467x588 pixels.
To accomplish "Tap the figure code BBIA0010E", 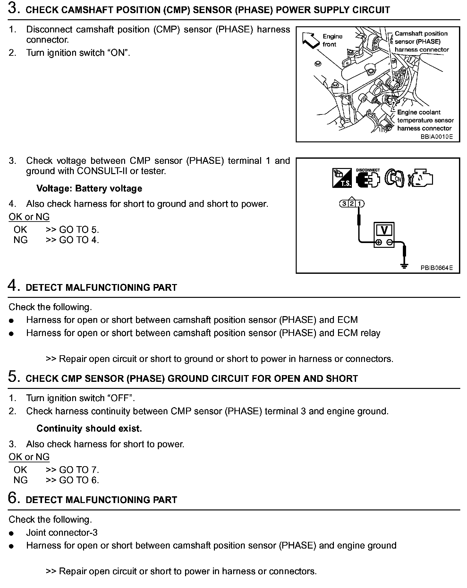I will [437, 137].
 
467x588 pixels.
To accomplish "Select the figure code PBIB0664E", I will [437, 268].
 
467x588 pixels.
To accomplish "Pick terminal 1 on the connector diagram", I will [360, 204].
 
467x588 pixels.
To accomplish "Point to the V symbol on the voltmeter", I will [384, 230].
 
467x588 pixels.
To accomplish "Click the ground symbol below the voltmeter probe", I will [404, 266].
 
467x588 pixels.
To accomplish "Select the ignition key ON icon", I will [395, 178].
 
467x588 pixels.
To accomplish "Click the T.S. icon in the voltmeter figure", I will [342, 178].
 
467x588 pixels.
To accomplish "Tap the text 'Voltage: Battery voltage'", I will [89, 189].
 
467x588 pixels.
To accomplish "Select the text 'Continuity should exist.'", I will [89, 429].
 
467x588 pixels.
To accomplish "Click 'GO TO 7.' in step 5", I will [79, 470].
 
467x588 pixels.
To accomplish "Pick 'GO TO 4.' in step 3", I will [79, 240].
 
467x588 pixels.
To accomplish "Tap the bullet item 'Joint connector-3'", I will [62, 533].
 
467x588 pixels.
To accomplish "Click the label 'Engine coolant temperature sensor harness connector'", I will [425, 120].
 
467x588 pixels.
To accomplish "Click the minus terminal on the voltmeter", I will [389, 243].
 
